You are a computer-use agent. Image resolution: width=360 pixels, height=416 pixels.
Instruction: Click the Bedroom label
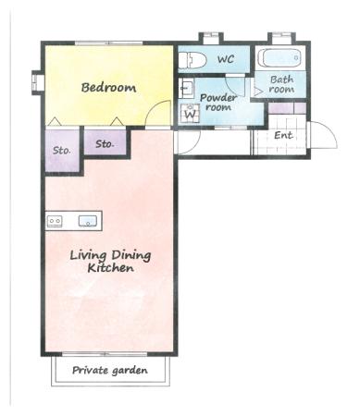coord(108,87)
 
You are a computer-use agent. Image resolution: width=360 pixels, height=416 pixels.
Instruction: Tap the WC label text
coord(226,59)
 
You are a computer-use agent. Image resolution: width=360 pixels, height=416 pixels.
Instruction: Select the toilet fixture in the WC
coord(192,60)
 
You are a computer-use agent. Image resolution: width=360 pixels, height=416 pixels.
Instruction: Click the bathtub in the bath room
coord(280,58)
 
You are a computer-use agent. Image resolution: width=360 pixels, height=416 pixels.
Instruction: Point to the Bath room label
coord(281,84)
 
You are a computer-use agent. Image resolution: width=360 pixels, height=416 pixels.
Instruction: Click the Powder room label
coord(218,103)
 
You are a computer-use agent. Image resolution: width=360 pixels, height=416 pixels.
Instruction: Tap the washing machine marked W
coord(190,113)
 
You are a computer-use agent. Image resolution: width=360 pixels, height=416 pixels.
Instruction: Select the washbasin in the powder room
coord(186,88)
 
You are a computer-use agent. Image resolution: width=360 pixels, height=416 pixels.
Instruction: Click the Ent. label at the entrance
coord(283,135)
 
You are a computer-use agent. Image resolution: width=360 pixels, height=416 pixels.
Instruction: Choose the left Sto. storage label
coord(62,151)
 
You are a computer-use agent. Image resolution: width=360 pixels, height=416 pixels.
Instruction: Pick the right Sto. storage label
coord(105,144)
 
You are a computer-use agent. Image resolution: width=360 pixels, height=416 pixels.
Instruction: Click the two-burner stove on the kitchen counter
coord(55,221)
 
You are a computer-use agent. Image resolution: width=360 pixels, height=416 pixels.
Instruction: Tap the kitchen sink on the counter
coord(88,221)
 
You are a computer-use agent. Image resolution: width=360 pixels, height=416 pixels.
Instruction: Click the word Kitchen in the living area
coord(111,268)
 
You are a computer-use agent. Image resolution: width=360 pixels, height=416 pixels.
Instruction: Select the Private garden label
coord(110,370)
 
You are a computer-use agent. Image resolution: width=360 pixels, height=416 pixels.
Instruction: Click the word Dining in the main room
coord(131,256)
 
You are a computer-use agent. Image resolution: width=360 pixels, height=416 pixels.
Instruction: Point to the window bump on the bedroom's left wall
coord(38,82)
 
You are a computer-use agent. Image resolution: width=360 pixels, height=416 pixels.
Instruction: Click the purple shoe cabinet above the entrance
coord(287,108)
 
